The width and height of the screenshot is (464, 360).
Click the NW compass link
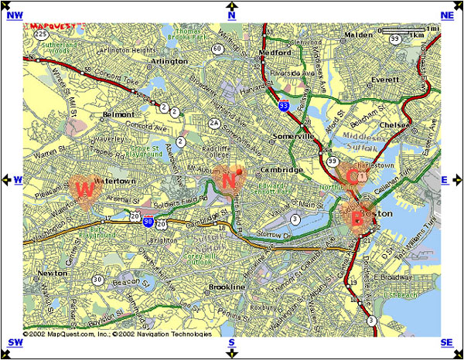pyautogui.click(x=15, y=15)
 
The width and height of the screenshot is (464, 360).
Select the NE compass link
pyautogui.click(x=447, y=15)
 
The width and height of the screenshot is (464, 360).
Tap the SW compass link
pyautogui.click(x=15, y=343)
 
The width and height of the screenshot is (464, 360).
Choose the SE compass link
pyautogui.click(x=447, y=343)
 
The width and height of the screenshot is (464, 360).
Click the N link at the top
pyautogui.click(x=231, y=15)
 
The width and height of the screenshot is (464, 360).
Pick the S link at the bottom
pyautogui.click(x=231, y=343)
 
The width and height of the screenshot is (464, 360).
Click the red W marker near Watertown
pyautogui.click(x=85, y=188)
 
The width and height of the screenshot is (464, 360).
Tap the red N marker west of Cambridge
pyautogui.click(x=229, y=181)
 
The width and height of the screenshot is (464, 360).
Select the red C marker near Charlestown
pyautogui.click(x=352, y=176)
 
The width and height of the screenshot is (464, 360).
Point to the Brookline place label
pyautogui.click(x=227, y=287)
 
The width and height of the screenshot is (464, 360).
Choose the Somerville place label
pyautogui.click(x=296, y=136)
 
